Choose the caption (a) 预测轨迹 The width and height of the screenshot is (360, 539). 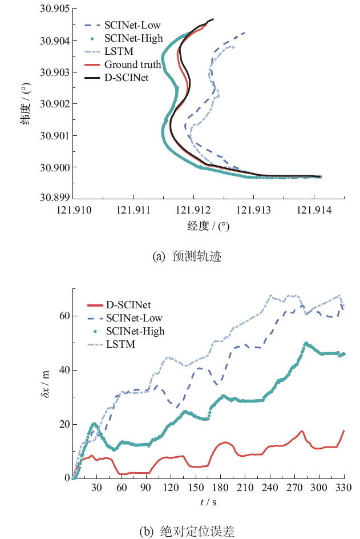[187, 256]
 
